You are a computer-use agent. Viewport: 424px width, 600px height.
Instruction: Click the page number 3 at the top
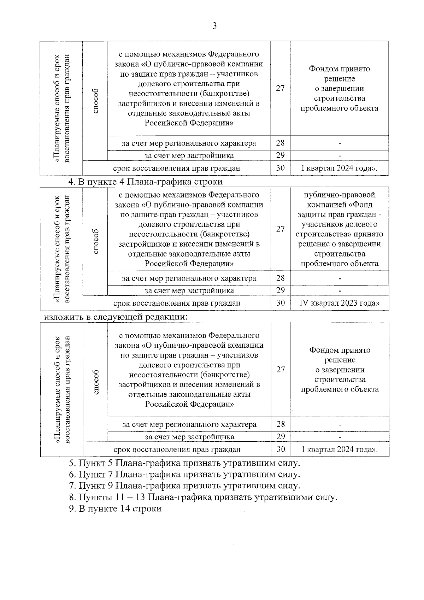click(x=214, y=26)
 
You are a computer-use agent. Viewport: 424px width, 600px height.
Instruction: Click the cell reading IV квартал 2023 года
click(x=339, y=303)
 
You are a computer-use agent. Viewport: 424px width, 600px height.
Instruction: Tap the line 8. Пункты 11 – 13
click(x=203, y=498)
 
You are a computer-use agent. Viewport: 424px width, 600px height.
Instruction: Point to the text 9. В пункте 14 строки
click(x=115, y=509)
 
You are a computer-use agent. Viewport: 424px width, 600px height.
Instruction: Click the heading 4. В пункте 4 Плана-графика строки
click(x=145, y=182)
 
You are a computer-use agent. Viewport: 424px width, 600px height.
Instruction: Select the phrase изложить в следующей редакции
click(x=115, y=317)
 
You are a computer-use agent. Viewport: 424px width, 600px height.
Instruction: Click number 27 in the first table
click(x=280, y=88)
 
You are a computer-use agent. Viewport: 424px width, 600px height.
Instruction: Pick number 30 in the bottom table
click(x=281, y=449)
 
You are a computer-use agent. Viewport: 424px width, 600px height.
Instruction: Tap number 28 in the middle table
click(x=280, y=278)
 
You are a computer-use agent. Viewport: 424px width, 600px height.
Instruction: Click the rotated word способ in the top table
click(x=95, y=101)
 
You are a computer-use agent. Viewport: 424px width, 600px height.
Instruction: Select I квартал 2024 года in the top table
click(x=339, y=168)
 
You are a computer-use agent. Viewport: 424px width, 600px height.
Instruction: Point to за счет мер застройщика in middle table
click(x=189, y=291)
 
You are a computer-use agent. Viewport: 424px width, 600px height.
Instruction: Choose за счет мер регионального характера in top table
click(x=189, y=143)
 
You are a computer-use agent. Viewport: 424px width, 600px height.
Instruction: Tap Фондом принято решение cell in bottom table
click(x=340, y=370)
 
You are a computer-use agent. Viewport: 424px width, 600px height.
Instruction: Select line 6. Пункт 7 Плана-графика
click(x=184, y=474)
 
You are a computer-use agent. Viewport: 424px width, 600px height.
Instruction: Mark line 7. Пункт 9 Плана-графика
click(x=184, y=486)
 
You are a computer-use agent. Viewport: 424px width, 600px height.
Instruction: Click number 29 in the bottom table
click(x=281, y=436)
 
